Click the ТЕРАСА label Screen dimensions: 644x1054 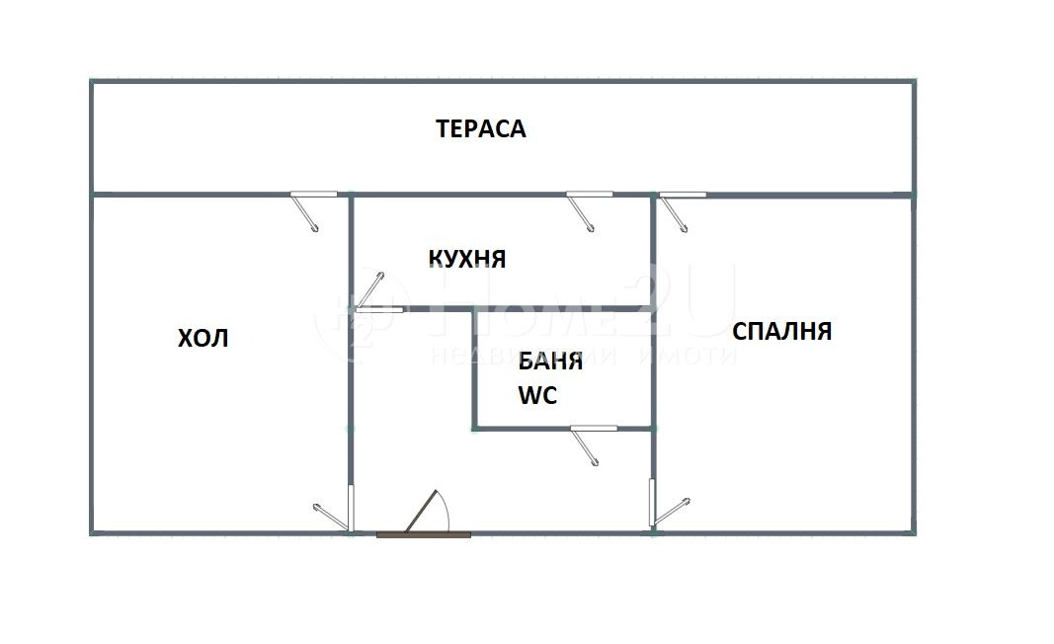coord(481,128)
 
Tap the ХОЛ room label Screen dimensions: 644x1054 coord(203,338)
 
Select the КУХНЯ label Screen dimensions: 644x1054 coord(466,259)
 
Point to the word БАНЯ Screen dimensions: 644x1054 coord(550,361)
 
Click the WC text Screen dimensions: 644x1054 coord(537,396)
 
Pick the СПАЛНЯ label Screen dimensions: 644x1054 coord(781,331)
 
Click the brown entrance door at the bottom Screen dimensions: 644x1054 coord(424,533)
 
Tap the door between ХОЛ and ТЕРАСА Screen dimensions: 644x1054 coord(313,195)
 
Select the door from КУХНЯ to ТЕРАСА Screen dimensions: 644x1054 coord(589,195)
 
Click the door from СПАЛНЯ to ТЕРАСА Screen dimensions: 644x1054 coord(683,195)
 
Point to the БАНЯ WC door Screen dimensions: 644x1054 coord(594,429)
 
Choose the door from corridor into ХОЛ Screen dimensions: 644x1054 coord(351,507)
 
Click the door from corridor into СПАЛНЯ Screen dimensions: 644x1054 coord(653,502)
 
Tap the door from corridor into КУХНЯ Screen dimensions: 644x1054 coord(378,309)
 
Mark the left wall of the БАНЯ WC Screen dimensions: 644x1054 coord(474,370)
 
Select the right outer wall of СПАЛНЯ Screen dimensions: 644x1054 coord(912,365)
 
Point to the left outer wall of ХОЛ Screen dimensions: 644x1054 coord(92,365)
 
